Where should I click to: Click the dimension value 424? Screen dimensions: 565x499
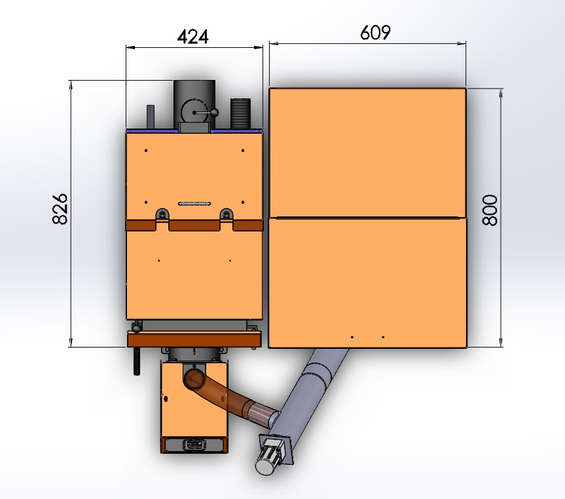pyautogui.click(x=192, y=37)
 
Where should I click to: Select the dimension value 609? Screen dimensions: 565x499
pyautogui.click(x=375, y=33)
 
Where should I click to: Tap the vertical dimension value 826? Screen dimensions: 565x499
pyautogui.click(x=60, y=209)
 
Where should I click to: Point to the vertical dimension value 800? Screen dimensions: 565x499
pyautogui.click(x=490, y=210)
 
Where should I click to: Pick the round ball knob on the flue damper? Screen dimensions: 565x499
pyautogui.click(x=215, y=113)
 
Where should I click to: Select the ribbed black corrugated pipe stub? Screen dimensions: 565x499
pyautogui.click(x=240, y=113)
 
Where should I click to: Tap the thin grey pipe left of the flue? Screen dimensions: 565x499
pyautogui.click(x=151, y=117)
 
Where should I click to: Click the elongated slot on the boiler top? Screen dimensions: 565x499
pyautogui.click(x=194, y=204)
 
